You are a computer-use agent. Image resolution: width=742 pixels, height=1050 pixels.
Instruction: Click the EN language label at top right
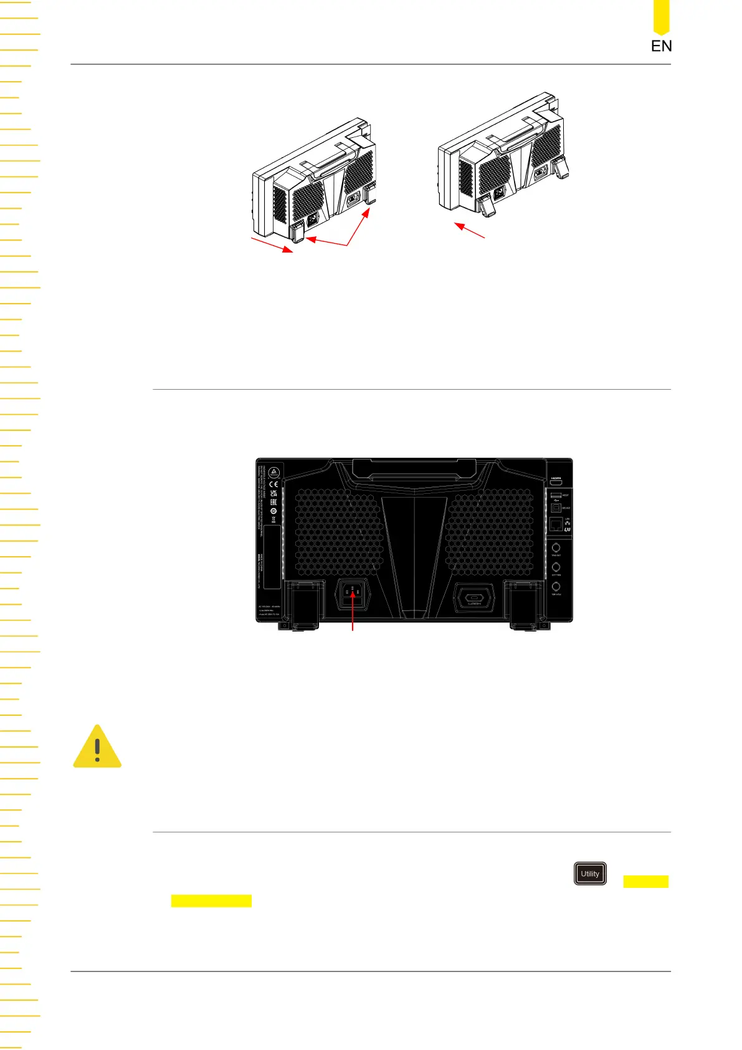pyautogui.click(x=661, y=46)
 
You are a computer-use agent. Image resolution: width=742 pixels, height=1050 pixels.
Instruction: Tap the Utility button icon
pyautogui.click(x=590, y=874)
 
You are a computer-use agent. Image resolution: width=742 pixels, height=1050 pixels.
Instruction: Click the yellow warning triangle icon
pyautogui.click(x=97, y=747)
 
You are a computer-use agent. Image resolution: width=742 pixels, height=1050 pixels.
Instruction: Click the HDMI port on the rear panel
pyautogui.click(x=556, y=482)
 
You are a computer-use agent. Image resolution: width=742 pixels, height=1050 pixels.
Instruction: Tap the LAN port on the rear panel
pyautogui.click(x=556, y=524)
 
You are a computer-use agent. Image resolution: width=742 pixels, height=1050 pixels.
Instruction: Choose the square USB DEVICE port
pyautogui.click(x=556, y=508)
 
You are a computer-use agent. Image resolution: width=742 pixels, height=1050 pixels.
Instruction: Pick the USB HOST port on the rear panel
pyautogui.click(x=556, y=495)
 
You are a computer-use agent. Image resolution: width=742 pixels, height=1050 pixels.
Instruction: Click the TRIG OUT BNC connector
pyautogui.click(x=556, y=547)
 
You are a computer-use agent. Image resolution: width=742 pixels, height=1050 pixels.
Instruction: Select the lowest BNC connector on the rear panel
pyautogui.click(x=556, y=587)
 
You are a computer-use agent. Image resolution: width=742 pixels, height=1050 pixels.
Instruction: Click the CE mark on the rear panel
pyautogui.click(x=273, y=484)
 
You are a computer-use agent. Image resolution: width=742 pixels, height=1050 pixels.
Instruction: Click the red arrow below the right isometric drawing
pyautogui.click(x=470, y=231)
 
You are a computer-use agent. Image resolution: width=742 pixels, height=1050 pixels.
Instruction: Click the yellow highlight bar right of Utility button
pyautogui.click(x=645, y=881)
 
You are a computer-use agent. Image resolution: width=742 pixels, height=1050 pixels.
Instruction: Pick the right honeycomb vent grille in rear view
pyautogui.click(x=490, y=532)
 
